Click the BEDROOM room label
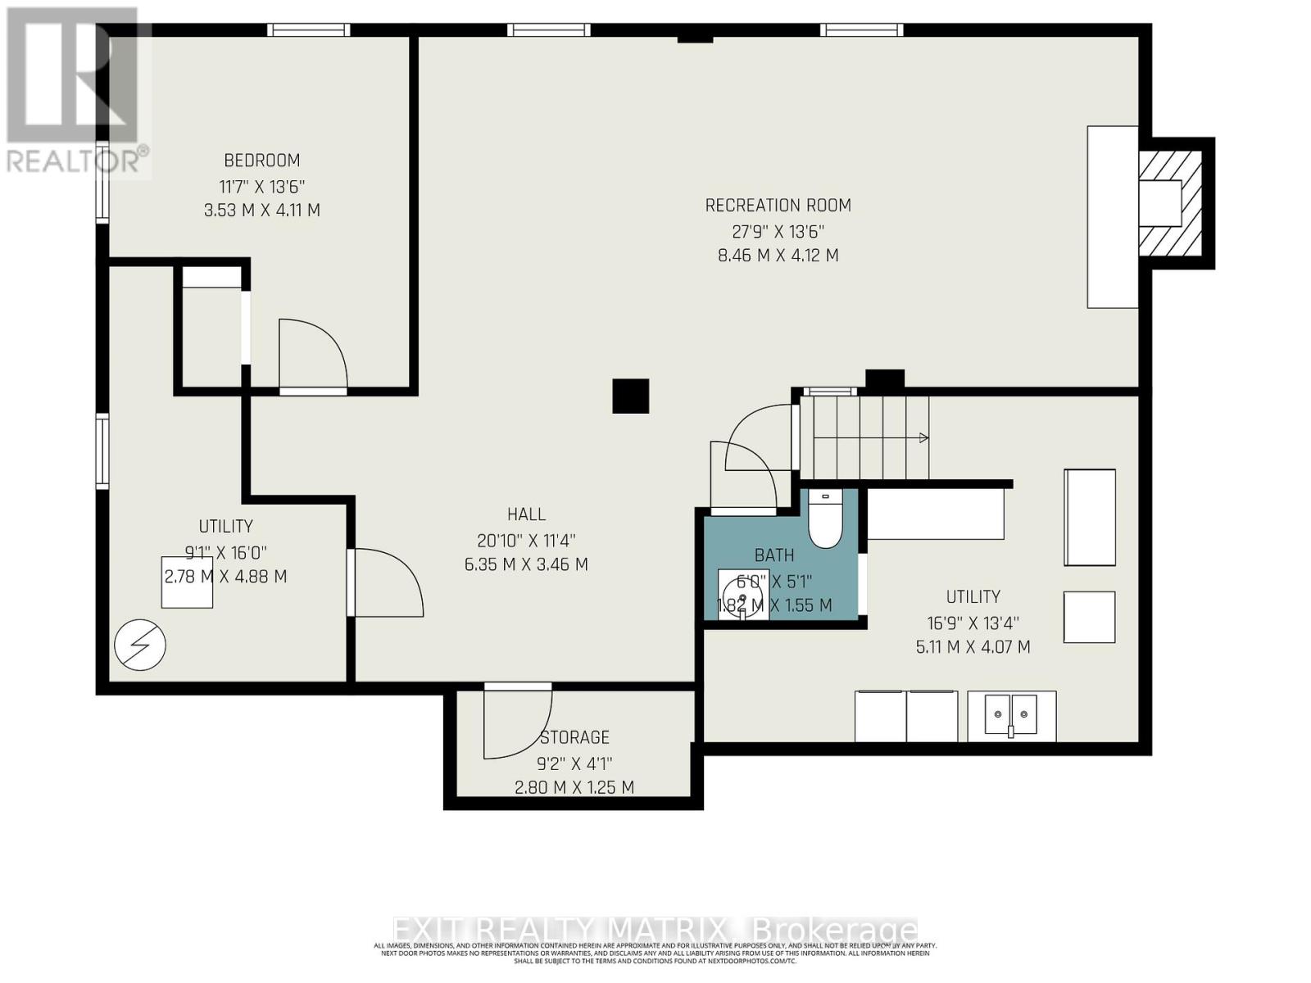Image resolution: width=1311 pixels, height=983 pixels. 262,161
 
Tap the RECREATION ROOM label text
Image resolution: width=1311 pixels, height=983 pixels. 778,206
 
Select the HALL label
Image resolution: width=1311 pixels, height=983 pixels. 526,514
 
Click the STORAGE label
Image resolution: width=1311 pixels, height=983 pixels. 574,737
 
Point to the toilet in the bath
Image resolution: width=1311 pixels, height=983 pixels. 825,521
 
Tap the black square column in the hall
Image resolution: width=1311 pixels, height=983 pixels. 631,396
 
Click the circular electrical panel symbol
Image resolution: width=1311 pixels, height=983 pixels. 140,646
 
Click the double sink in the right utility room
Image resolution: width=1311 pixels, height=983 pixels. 1011,715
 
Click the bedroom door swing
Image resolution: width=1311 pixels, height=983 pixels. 312,354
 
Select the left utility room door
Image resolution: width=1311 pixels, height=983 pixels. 385,582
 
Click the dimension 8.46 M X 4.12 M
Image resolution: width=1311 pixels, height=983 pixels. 778,256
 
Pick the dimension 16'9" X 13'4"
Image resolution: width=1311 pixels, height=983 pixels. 973,623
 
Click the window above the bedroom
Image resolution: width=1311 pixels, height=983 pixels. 309,30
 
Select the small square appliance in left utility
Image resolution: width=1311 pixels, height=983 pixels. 187,582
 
